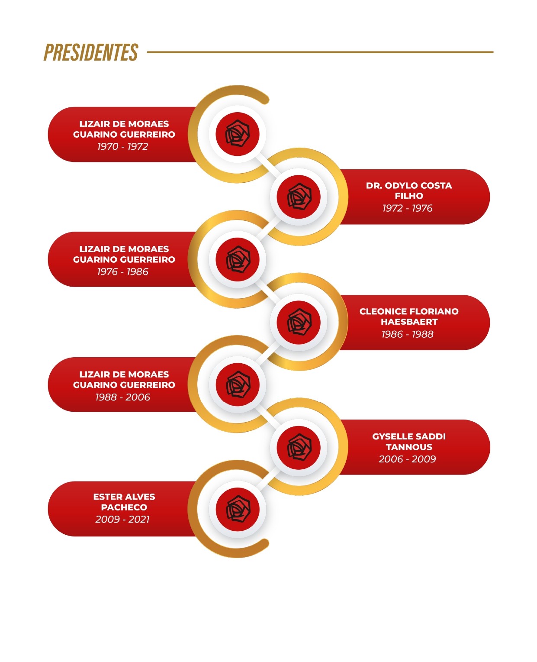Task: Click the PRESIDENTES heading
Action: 91,52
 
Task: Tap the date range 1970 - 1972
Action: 123,146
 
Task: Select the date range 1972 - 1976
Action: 407,208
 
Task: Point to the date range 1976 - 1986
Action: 123,271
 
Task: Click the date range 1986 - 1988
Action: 407,334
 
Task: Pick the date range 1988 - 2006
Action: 123,397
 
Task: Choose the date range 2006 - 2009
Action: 407,459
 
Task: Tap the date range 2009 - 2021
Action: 123,519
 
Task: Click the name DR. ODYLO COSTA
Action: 409,186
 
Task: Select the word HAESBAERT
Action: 409,322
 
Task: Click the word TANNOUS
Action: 409,447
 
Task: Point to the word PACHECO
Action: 124,507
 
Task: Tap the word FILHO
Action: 409,196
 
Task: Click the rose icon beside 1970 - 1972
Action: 237,134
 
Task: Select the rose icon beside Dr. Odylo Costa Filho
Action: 299,197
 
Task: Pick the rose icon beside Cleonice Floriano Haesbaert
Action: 299,322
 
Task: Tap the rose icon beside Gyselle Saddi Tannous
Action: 299,448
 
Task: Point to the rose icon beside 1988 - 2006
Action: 237,384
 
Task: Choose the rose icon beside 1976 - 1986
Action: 237,259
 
